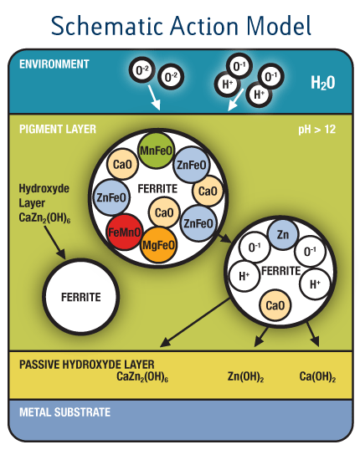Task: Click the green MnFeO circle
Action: (x=156, y=151)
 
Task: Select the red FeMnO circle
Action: (x=125, y=232)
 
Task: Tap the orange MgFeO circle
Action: (x=158, y=245)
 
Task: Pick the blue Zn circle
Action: (x=282, y=234)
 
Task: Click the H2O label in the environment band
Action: (x=323, y=83)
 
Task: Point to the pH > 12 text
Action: (x=317, y=130)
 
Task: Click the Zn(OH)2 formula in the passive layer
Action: (x=246, y=376)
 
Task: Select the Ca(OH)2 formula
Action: (x=317, y=376)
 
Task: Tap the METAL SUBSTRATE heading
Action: (x=64, y=412)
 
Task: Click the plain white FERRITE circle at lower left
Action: (x=80, y=297)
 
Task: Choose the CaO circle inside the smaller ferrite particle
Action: (x=275, y=305)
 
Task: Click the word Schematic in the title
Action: (x=107, y=26)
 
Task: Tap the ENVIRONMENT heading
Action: (x=54, y=64)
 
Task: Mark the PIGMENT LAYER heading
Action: (x=58, y=129)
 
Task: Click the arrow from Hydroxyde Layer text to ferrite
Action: (x=55, y=243)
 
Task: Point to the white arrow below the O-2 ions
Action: (x=154, y=98)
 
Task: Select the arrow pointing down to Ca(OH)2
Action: (x=312, y=335)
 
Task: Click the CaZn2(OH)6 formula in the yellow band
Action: (x=142, y=376)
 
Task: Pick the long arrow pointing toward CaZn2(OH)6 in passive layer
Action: (x=195, y=323)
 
